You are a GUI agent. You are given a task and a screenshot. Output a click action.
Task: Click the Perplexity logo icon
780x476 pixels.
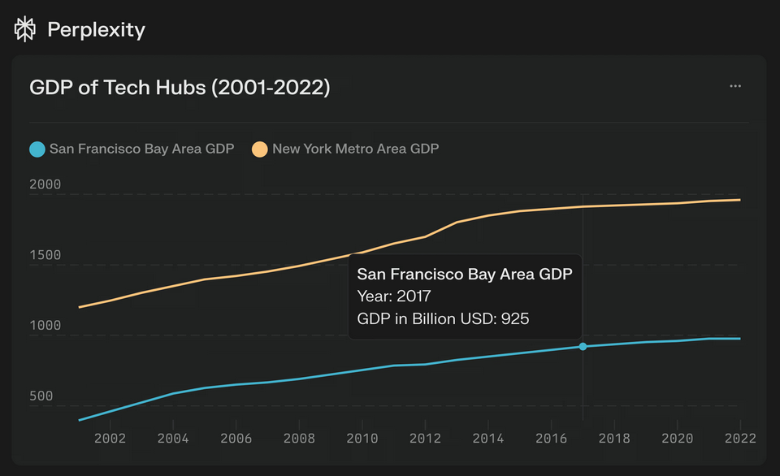click(25, 29)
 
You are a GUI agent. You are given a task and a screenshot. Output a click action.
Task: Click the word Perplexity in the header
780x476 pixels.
click(96, 30)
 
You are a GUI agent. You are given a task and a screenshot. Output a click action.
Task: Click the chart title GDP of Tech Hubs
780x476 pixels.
click(180, 87)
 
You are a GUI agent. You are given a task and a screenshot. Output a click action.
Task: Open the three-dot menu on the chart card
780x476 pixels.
click(735, 86)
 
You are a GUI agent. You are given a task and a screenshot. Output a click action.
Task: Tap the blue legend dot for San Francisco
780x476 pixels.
click(37, 149)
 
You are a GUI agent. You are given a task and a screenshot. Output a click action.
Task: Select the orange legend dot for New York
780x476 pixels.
click(259, 149)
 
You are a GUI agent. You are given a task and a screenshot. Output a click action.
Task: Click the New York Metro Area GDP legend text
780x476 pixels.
click(355, 149)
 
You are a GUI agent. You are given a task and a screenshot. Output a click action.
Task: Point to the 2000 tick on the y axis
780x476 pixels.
click(45, 184)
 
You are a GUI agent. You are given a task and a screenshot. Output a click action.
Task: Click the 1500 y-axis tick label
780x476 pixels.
click(45, 255)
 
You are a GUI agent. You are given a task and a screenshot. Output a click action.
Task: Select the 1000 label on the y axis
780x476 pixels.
click(45, 326)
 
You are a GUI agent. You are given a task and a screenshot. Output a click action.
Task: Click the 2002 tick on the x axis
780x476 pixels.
click(110, 439)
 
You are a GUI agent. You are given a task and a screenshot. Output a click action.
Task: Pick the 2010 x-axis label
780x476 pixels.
click(362, 439)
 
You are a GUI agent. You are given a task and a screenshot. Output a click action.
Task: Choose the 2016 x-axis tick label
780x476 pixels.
click(552, 439)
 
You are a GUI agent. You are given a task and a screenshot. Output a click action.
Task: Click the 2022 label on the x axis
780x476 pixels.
click(740, 439)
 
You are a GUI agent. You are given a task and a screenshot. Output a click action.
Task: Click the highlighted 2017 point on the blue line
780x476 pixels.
click(583, 347)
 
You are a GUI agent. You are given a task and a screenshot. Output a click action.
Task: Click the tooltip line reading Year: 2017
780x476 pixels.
click(394, 296)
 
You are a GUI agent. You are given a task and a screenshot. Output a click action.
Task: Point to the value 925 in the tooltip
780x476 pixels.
click(515, 319)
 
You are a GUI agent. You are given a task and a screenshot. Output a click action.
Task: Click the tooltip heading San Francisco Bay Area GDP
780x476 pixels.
click(465, 275)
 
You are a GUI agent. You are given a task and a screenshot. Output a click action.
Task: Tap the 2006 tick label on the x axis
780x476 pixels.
click(236, 439)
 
